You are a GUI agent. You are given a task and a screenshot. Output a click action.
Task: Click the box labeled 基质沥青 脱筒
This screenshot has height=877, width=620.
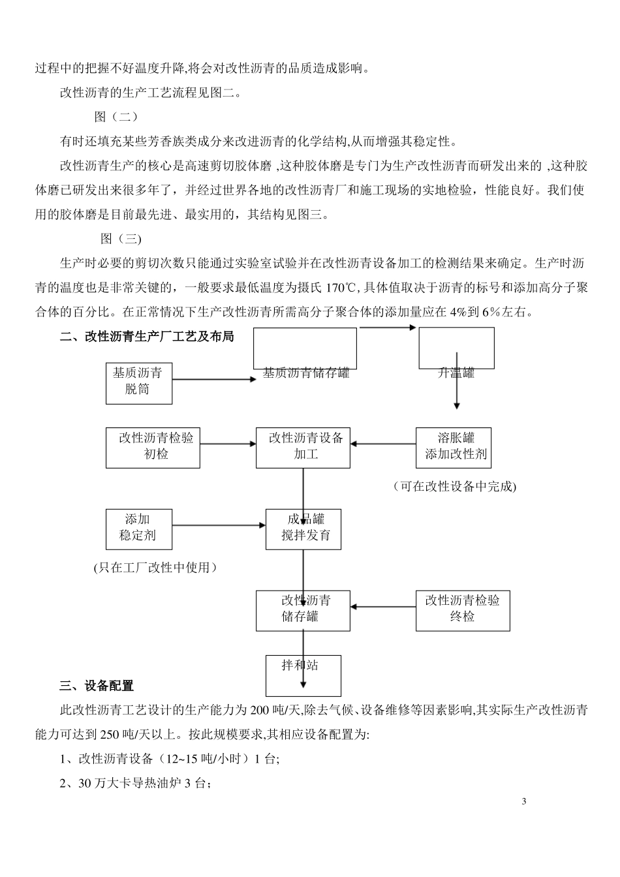pos(138,383)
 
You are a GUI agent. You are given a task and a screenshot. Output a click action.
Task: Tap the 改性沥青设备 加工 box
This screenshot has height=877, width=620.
pos(303,448)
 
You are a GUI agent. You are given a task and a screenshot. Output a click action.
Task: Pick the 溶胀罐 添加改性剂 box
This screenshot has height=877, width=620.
pos(454,448)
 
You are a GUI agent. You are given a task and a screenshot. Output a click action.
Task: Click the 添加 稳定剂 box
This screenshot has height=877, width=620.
pos(138,529)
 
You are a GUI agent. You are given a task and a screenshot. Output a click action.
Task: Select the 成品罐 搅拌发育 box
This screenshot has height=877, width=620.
pos(303,529)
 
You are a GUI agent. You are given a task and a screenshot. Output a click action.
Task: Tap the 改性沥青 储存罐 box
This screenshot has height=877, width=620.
pos(303,610)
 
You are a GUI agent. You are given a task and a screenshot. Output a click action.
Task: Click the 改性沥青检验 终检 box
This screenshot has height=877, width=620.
pos(463,610)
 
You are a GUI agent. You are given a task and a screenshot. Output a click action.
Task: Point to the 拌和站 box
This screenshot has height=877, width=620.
pos(303,675)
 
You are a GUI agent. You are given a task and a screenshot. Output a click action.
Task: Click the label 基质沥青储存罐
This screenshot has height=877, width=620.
pos(306,373)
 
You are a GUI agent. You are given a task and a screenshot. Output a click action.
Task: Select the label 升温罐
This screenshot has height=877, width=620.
pos(456,373)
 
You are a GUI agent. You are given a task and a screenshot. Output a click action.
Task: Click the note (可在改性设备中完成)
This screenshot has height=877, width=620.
pos(455,487)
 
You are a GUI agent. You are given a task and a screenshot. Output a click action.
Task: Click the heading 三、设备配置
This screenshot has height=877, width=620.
pos(97,686)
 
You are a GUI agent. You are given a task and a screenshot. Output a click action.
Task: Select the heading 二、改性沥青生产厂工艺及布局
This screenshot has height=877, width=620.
pos(147,337)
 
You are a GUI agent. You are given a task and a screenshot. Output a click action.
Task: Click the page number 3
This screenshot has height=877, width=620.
pos(524,801)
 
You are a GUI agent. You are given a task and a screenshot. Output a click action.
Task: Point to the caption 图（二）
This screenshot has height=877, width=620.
pos(116,117)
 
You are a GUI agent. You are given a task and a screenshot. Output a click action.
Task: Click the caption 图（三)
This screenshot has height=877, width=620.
pos(121,238)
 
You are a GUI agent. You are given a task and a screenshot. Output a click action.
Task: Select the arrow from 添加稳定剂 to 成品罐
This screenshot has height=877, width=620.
pos(219,525)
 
